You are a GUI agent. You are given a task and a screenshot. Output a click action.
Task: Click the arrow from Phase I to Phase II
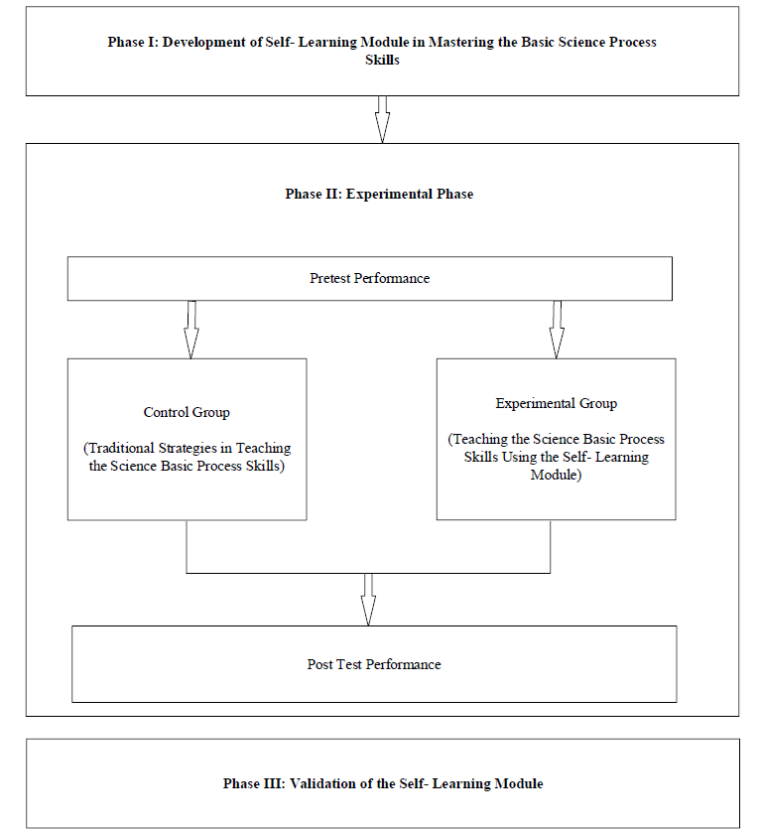coord(382,120)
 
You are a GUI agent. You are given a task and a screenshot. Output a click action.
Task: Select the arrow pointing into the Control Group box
coord(191,330)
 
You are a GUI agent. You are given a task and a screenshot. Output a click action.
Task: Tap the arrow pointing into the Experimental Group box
coord(556,330)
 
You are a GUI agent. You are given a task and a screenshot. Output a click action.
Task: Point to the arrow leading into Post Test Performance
coord(368,600)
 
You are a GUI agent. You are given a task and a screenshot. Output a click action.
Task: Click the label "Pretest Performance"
coord(370,278)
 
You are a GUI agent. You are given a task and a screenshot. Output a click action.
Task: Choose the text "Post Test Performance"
coord(374,664)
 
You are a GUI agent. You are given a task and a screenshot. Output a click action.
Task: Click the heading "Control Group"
coord(187,412)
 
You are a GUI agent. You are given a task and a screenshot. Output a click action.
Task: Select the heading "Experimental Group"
coord(556,403)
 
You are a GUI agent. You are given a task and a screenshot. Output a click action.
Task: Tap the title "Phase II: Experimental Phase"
coord(379,194)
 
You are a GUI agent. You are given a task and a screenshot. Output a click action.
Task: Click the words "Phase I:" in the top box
coord(133,42)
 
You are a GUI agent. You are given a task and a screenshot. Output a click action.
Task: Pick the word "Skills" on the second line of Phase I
coord(382,60)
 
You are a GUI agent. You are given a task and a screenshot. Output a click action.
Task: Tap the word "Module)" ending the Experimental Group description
coord(556,475)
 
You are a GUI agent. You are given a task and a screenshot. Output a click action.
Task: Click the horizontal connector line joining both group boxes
coord(368,573)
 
